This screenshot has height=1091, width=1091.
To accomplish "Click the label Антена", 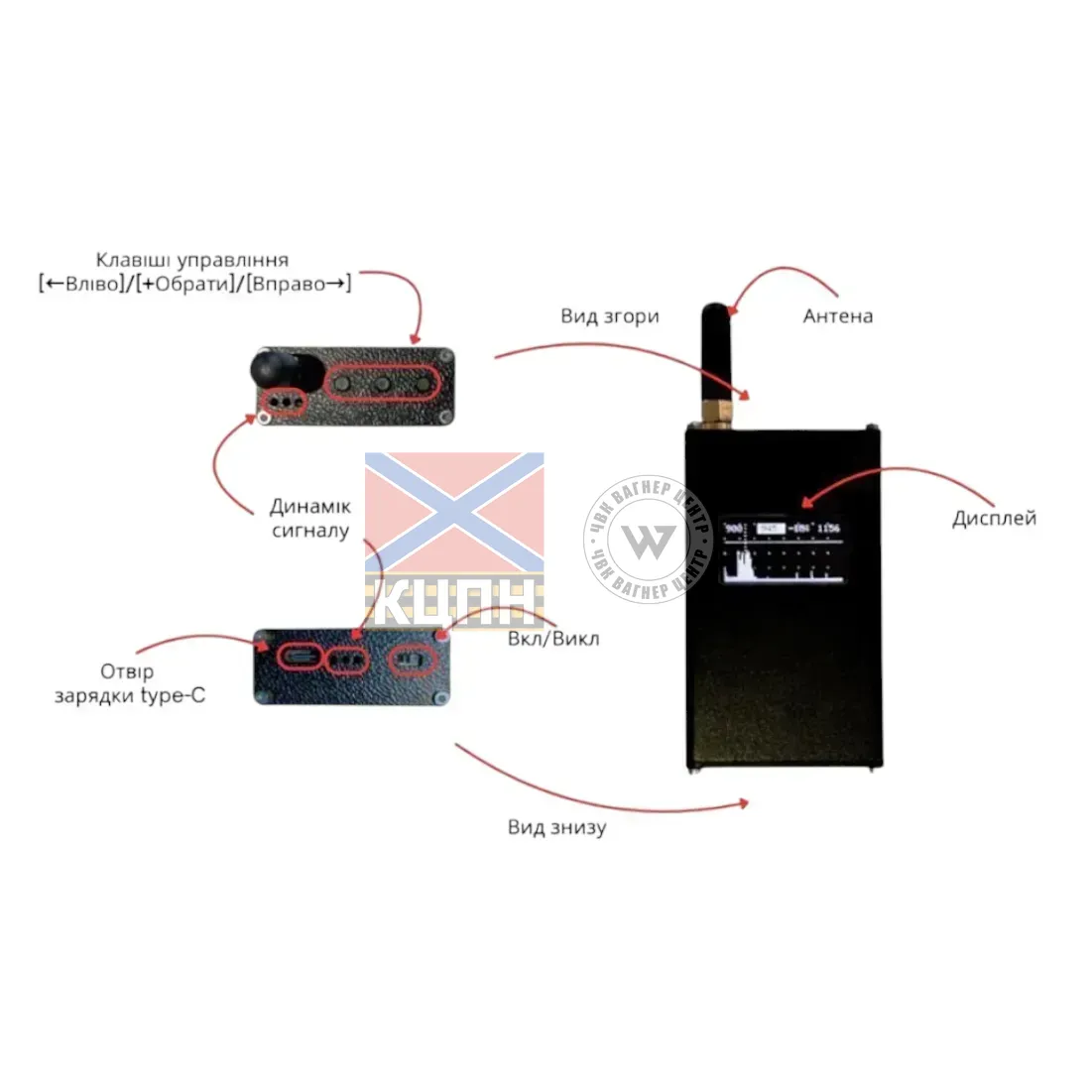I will pos(838,316).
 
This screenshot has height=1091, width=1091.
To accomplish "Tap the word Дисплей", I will pos(994,518).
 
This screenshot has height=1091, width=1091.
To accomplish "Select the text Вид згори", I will pos(610,316).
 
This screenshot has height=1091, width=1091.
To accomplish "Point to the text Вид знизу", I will pos(556,827).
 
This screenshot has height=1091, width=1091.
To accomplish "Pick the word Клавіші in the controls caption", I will pos(133,260).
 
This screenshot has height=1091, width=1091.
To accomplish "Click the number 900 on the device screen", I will pos(734,529).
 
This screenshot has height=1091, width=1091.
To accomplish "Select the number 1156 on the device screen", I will pos(828,529).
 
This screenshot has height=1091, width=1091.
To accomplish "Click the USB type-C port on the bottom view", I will pos(297,656).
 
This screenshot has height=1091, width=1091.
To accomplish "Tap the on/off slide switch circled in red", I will pos(413,659).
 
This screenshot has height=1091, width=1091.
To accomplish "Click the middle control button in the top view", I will pos(381,383).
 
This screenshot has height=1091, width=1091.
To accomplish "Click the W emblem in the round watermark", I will pos(648,540).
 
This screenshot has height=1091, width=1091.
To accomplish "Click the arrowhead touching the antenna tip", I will pos(732,309).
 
